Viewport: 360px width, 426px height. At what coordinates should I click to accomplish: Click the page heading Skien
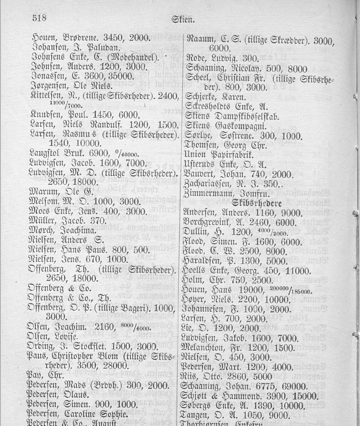[183, 19]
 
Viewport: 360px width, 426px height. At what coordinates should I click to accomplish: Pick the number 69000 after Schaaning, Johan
[291, 387]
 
